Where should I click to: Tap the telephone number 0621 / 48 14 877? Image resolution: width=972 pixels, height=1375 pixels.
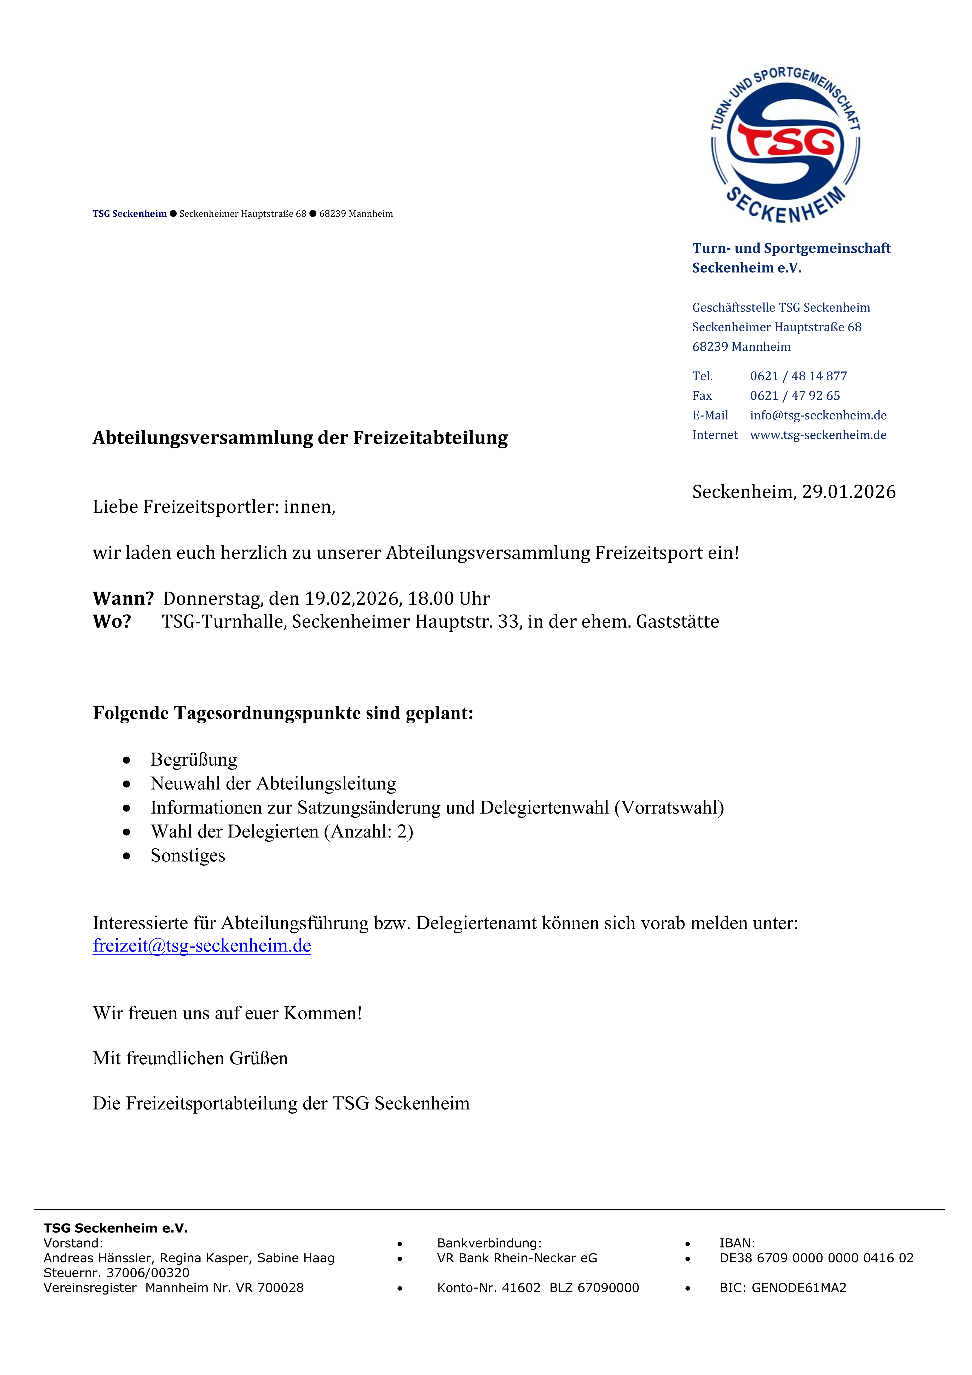(798, 376)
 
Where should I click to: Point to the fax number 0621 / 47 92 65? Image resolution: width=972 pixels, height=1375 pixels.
(795, 396)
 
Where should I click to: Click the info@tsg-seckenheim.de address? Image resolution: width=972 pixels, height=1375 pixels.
(818, 416)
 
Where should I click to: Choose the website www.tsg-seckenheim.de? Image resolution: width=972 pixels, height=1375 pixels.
(818, 435)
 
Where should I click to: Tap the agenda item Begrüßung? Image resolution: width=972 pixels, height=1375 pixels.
(193, 760)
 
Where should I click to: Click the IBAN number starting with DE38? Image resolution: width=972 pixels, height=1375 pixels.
(816, 1258)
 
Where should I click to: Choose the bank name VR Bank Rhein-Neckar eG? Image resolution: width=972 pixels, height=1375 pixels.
(517, 1258)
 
